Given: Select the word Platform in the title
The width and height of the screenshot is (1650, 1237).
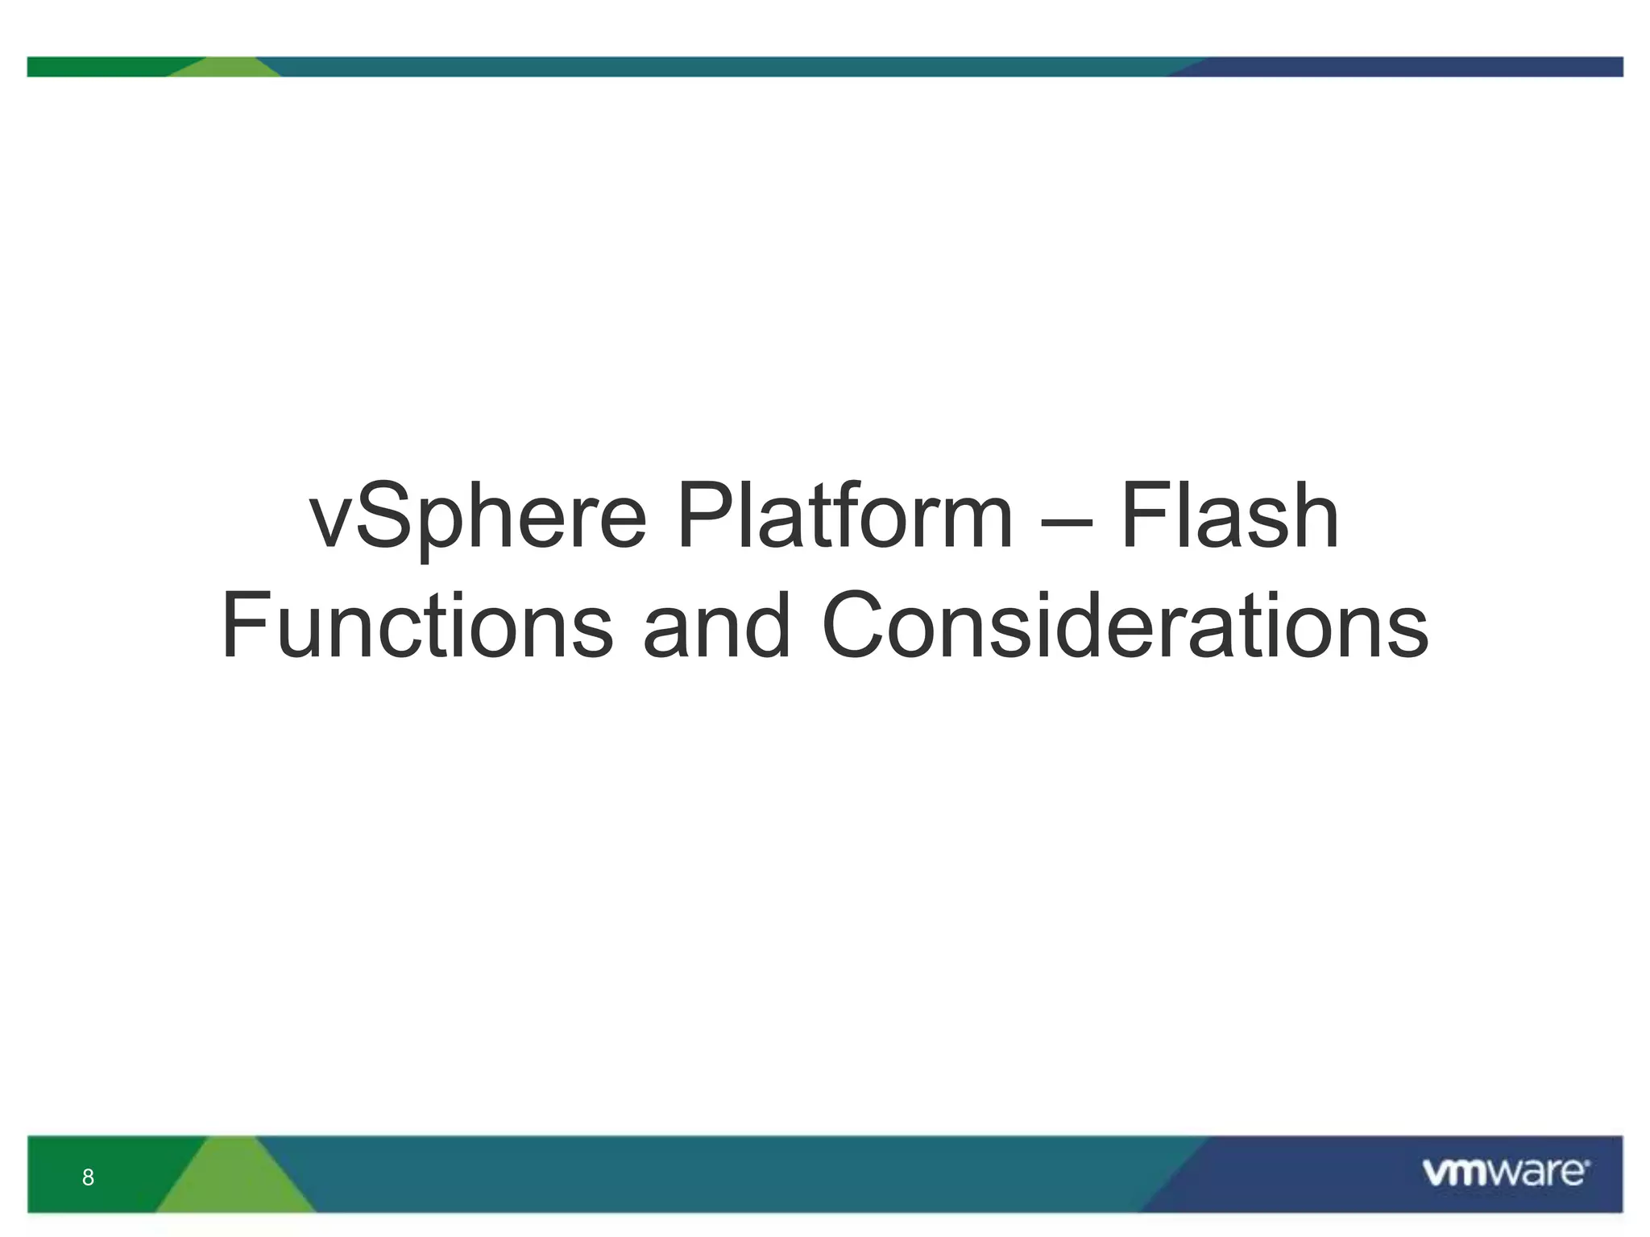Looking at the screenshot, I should point(844,515).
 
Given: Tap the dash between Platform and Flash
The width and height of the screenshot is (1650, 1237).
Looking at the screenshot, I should point(1066,521).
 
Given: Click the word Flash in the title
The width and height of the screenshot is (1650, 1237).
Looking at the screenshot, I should point(1229,515).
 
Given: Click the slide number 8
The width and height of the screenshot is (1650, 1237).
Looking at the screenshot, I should point(88,1177).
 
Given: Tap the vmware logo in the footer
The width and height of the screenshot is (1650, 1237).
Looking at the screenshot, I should point(1505,1173).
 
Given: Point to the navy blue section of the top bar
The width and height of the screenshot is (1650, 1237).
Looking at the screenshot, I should point(1410,67).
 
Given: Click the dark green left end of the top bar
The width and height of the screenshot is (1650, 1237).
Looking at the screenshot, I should point(97,67).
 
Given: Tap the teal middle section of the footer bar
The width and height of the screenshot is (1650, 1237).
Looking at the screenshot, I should point(725,1174).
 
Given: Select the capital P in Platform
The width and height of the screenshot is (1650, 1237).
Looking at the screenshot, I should point(704,515).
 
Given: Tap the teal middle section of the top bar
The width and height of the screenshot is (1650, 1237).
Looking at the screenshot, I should point(725,67).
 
